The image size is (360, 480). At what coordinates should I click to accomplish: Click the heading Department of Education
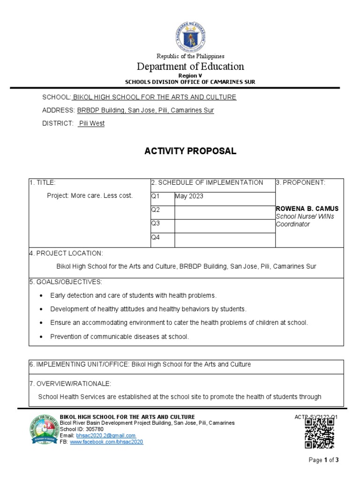click(190, 66)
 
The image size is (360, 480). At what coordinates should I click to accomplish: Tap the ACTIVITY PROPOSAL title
click(190, 151)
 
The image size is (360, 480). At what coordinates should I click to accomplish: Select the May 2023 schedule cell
click(189, 196)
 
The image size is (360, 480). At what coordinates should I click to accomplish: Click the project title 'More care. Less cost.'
click(90, 195)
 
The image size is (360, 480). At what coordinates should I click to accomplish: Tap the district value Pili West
click(91, 123)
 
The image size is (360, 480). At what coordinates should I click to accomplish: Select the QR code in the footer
click(319, 433)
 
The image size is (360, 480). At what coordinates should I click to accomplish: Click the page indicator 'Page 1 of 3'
click(324, 460)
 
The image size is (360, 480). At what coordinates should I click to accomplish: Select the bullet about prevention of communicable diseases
click(120, 337)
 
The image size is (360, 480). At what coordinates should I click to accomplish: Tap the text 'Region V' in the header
click(190, 75)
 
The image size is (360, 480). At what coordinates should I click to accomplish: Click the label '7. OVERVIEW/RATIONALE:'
click(70, 384)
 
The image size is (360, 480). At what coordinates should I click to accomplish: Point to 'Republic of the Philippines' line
click(190, 56)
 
